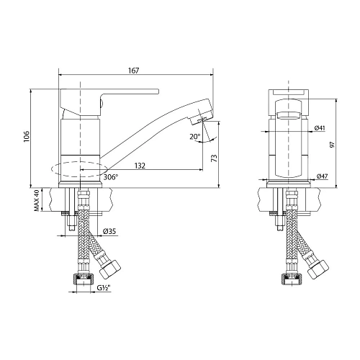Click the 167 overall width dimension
[134, 70]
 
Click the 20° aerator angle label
[194, 137]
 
